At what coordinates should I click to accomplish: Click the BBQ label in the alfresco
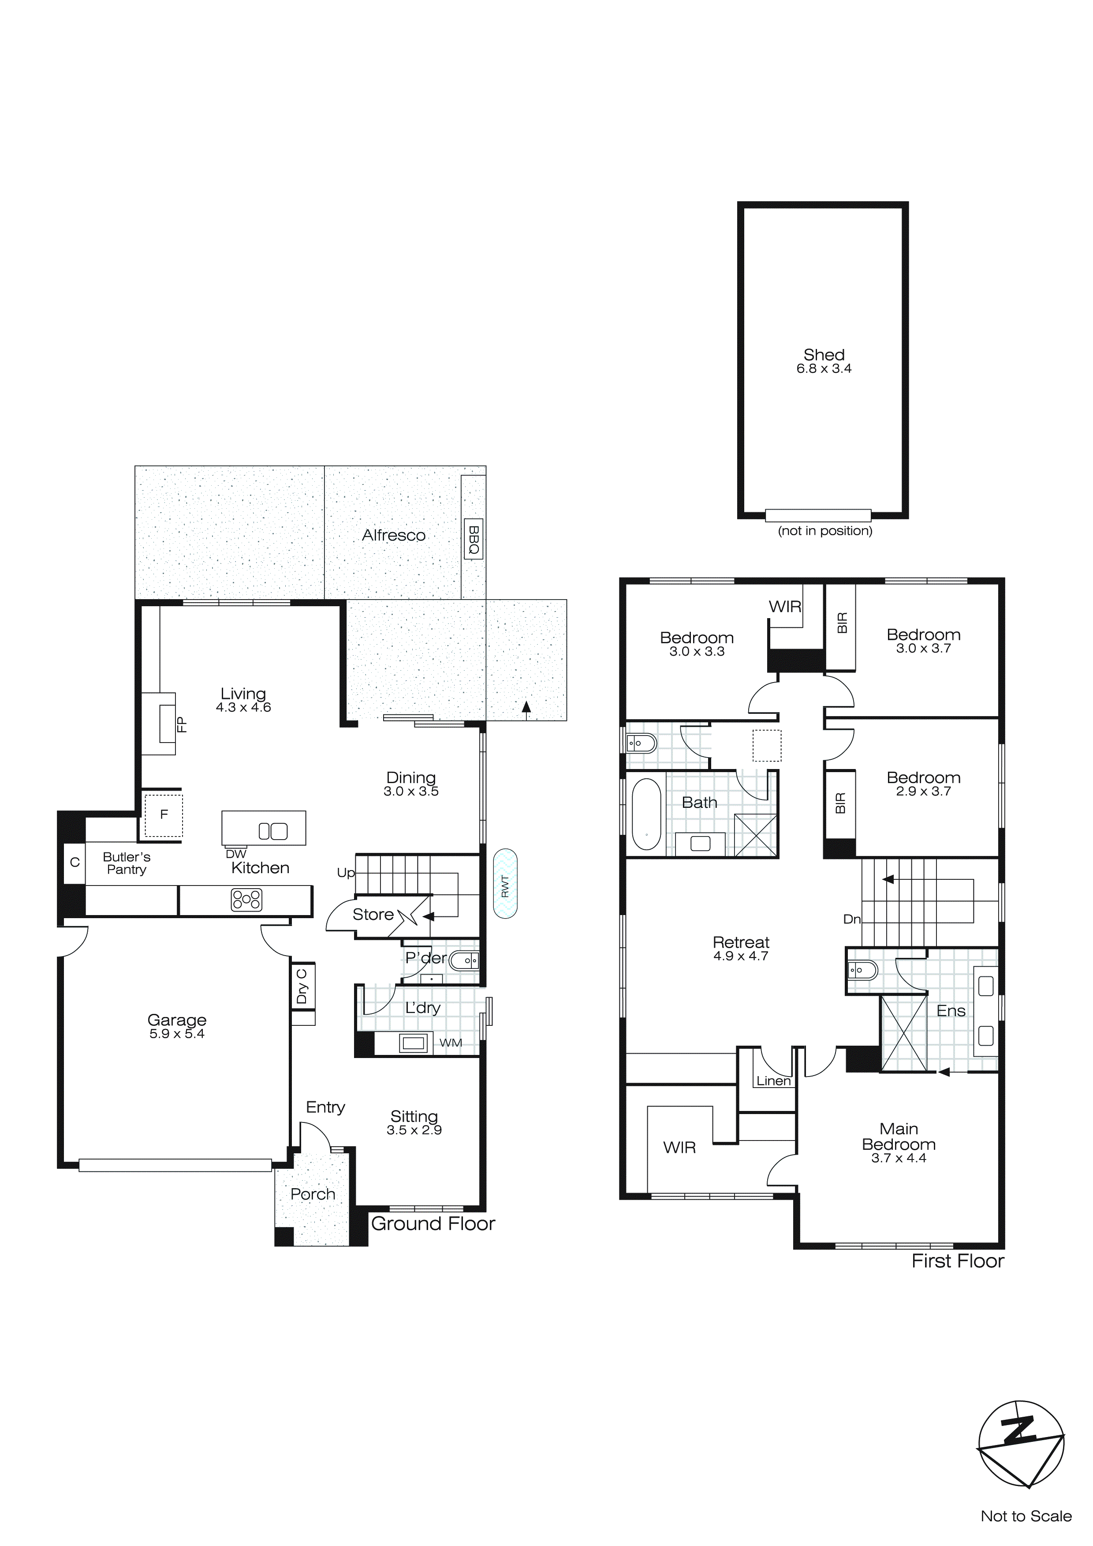pyautogui.click(x=473, y=540)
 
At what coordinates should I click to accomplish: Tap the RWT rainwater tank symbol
pyautogui.click(x=505, y=885)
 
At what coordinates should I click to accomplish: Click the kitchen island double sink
pyautogui.click(x=273, y=832)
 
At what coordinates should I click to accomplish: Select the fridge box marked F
pyautogui.click(x=164, y=815)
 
